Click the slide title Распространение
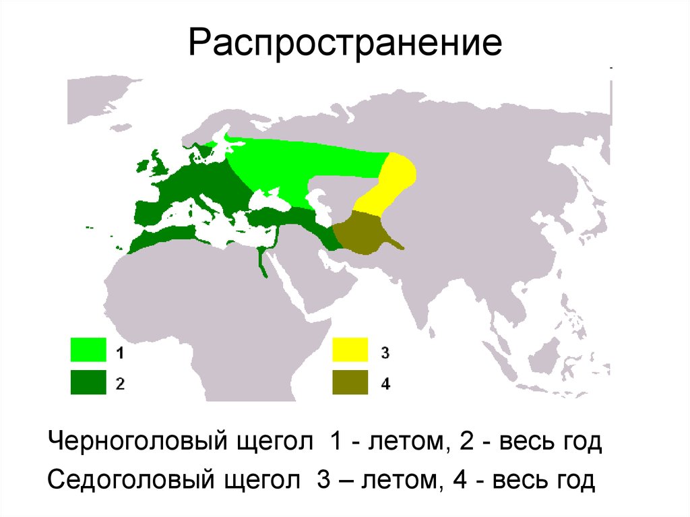coord(345,42)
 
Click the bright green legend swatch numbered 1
coord(88,351)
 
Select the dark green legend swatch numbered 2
coord(88,382)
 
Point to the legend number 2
coord(119,384)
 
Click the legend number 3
coord(385,353)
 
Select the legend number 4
coord(385,384)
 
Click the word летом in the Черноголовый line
coord(399,443)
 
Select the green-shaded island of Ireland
coord(142,166)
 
